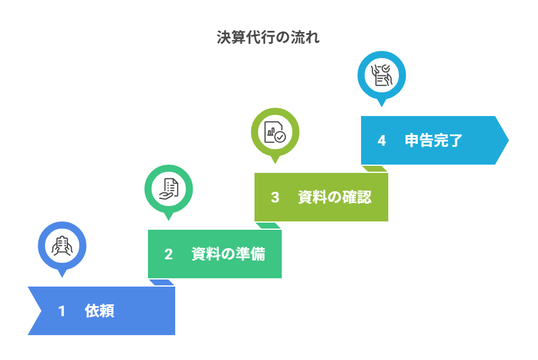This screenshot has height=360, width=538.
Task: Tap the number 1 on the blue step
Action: (62, 311)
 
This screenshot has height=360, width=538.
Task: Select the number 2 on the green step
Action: (168, 254)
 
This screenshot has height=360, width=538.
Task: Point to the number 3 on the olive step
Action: (275, 197)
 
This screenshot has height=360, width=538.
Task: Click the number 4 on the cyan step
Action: (381, 140)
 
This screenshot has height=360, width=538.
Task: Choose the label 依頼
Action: (99, 311)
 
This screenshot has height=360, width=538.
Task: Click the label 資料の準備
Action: (228, 254)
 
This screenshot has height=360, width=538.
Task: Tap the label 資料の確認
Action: (334, 197)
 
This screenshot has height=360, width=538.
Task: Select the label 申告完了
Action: (433, 140)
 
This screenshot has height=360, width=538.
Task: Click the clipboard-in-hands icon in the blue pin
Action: (62, 246)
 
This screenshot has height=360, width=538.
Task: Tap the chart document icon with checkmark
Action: (275, 132)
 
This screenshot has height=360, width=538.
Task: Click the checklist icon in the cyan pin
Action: (382, 75)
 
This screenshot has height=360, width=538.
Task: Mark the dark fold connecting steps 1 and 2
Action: (162, 282)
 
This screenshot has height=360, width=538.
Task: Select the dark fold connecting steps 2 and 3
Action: (268, 226)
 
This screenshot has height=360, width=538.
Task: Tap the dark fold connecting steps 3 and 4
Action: (375, 169)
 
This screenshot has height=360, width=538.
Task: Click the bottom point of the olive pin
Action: (275, 162)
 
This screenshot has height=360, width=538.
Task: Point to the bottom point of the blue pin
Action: (62, 275)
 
